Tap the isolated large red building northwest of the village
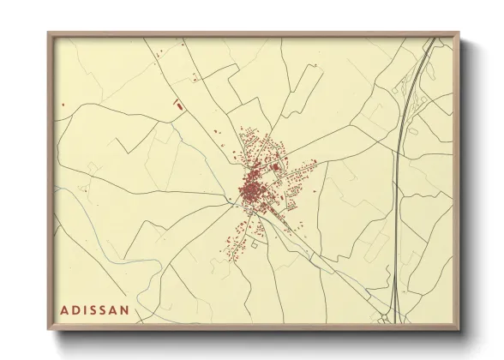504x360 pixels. point(179,105)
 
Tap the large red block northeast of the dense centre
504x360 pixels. point(274,168)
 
